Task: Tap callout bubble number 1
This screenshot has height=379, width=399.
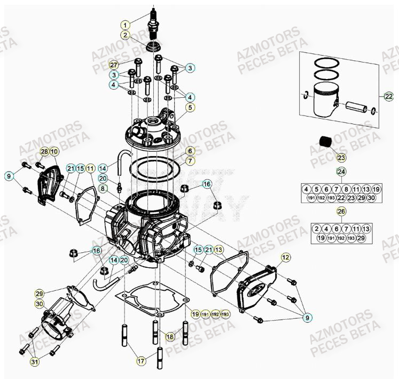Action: [125, 25]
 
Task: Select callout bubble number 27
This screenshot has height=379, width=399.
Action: [114, 65]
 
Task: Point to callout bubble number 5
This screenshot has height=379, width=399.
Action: [190, 107]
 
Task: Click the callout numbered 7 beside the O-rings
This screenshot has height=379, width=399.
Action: [190, 160]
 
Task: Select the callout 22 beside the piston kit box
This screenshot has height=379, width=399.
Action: [388, 96]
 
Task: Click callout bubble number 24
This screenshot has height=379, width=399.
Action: [341, 172]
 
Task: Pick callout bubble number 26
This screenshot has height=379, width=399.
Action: [341, 211]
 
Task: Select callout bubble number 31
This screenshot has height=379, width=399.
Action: [35, 363]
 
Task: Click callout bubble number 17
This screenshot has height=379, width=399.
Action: [140, 361]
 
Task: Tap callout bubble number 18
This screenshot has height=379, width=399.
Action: [170, 337]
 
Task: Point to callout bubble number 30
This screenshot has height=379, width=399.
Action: [40, 303]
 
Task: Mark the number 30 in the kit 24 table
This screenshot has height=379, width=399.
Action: [372, 198]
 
